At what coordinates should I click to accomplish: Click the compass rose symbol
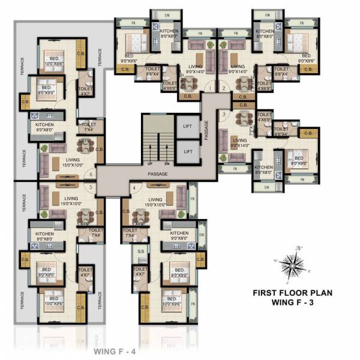point(293,264)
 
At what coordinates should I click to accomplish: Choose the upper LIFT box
point(187,127)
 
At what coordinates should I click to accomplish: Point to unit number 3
point(223,113)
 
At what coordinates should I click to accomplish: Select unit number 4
point(133,187)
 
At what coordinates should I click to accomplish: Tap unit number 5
point(91,187)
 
